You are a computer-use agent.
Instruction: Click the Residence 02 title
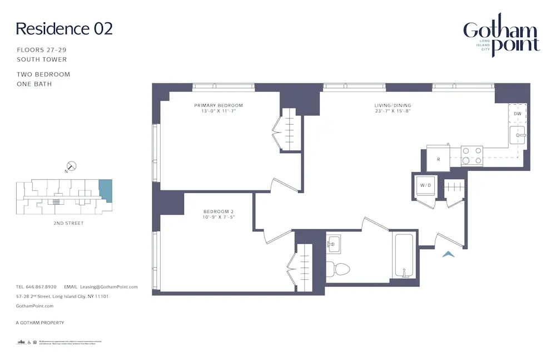point(64,28)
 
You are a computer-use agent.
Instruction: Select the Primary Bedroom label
point(219,105)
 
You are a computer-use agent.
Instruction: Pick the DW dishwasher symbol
point(518,114)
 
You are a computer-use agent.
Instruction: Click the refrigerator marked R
point(439,159)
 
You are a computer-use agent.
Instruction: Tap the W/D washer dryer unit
point(425,186)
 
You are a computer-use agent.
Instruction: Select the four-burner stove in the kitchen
point(472,156)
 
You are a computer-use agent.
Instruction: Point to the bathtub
point(404,256)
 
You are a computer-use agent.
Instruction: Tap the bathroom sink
point(334,243)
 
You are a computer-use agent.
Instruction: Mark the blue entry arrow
point(448,254)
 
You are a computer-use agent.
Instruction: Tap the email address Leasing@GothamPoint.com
point(108,287)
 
